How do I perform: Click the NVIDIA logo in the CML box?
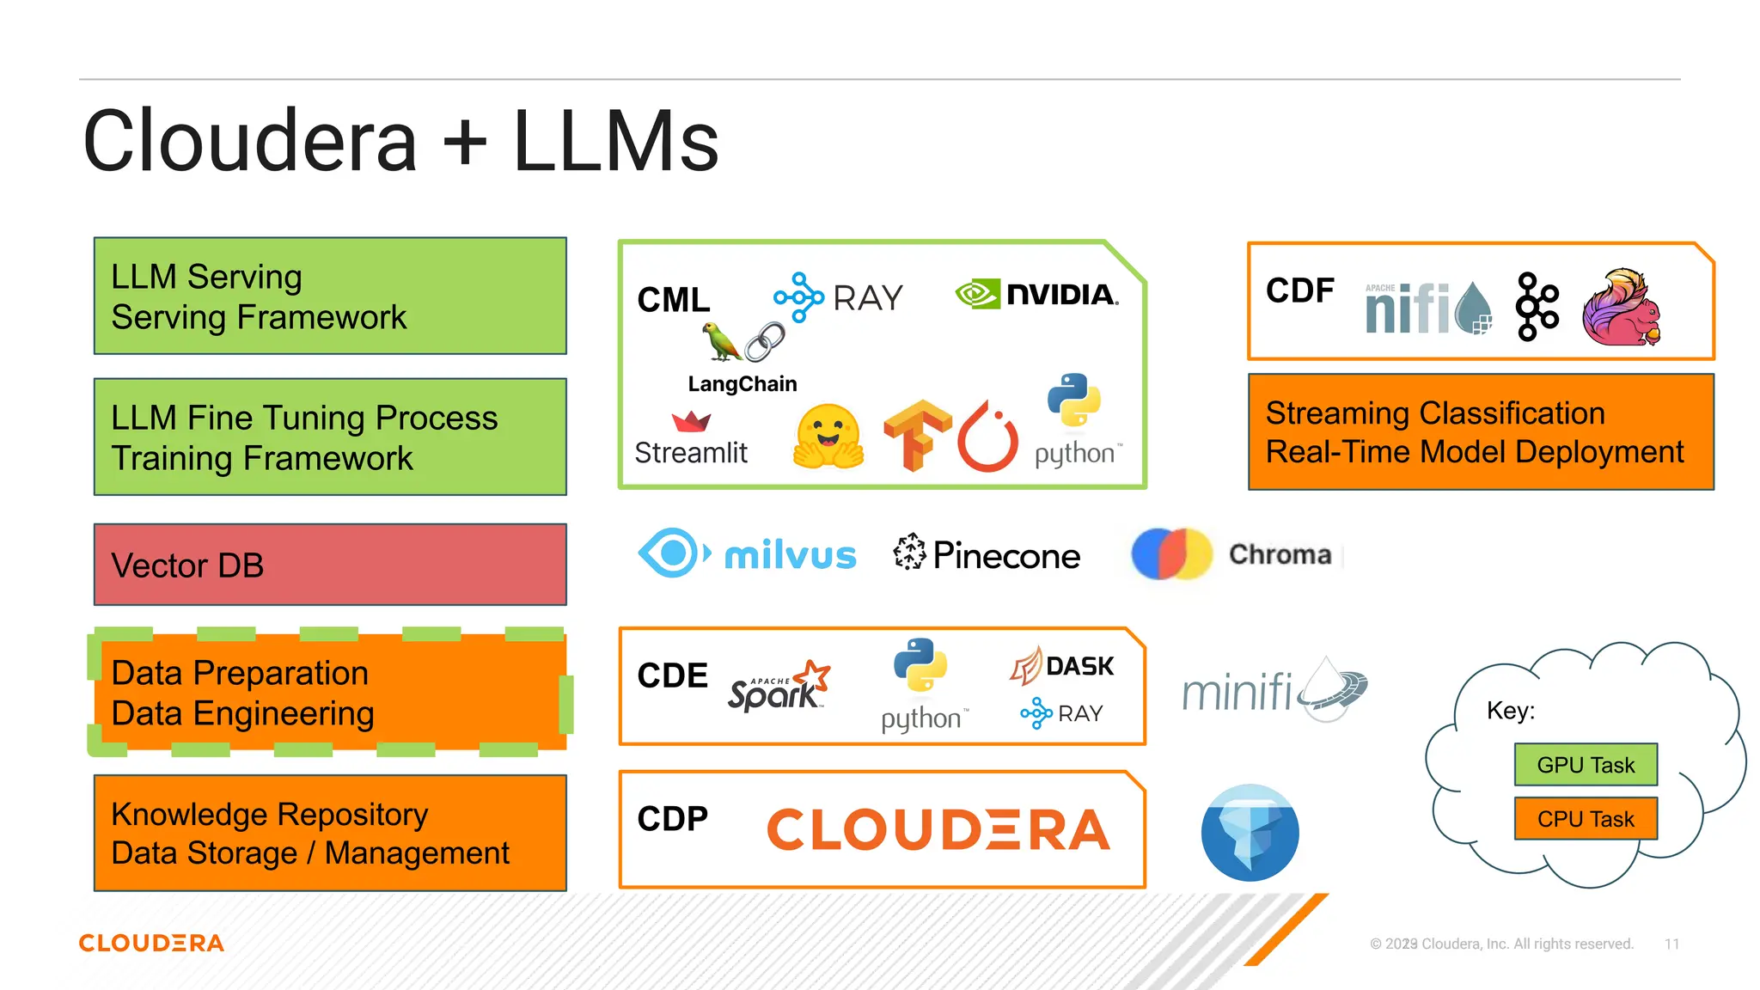1037,295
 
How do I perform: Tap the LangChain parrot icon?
721,342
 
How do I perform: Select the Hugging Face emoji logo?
828,437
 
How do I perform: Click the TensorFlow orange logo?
917,434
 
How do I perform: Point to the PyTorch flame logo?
988,437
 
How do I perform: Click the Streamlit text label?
691,452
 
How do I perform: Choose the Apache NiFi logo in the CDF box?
1427,308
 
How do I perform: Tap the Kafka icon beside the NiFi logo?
1537,307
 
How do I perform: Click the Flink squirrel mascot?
1621,308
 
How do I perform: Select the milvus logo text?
790,555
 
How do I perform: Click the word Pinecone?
1006,556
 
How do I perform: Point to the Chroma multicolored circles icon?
1170,554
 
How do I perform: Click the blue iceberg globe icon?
1250,832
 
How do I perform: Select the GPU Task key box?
1586,765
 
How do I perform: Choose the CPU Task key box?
1586,819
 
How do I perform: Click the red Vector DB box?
330,565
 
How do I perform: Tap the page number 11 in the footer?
1671,944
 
